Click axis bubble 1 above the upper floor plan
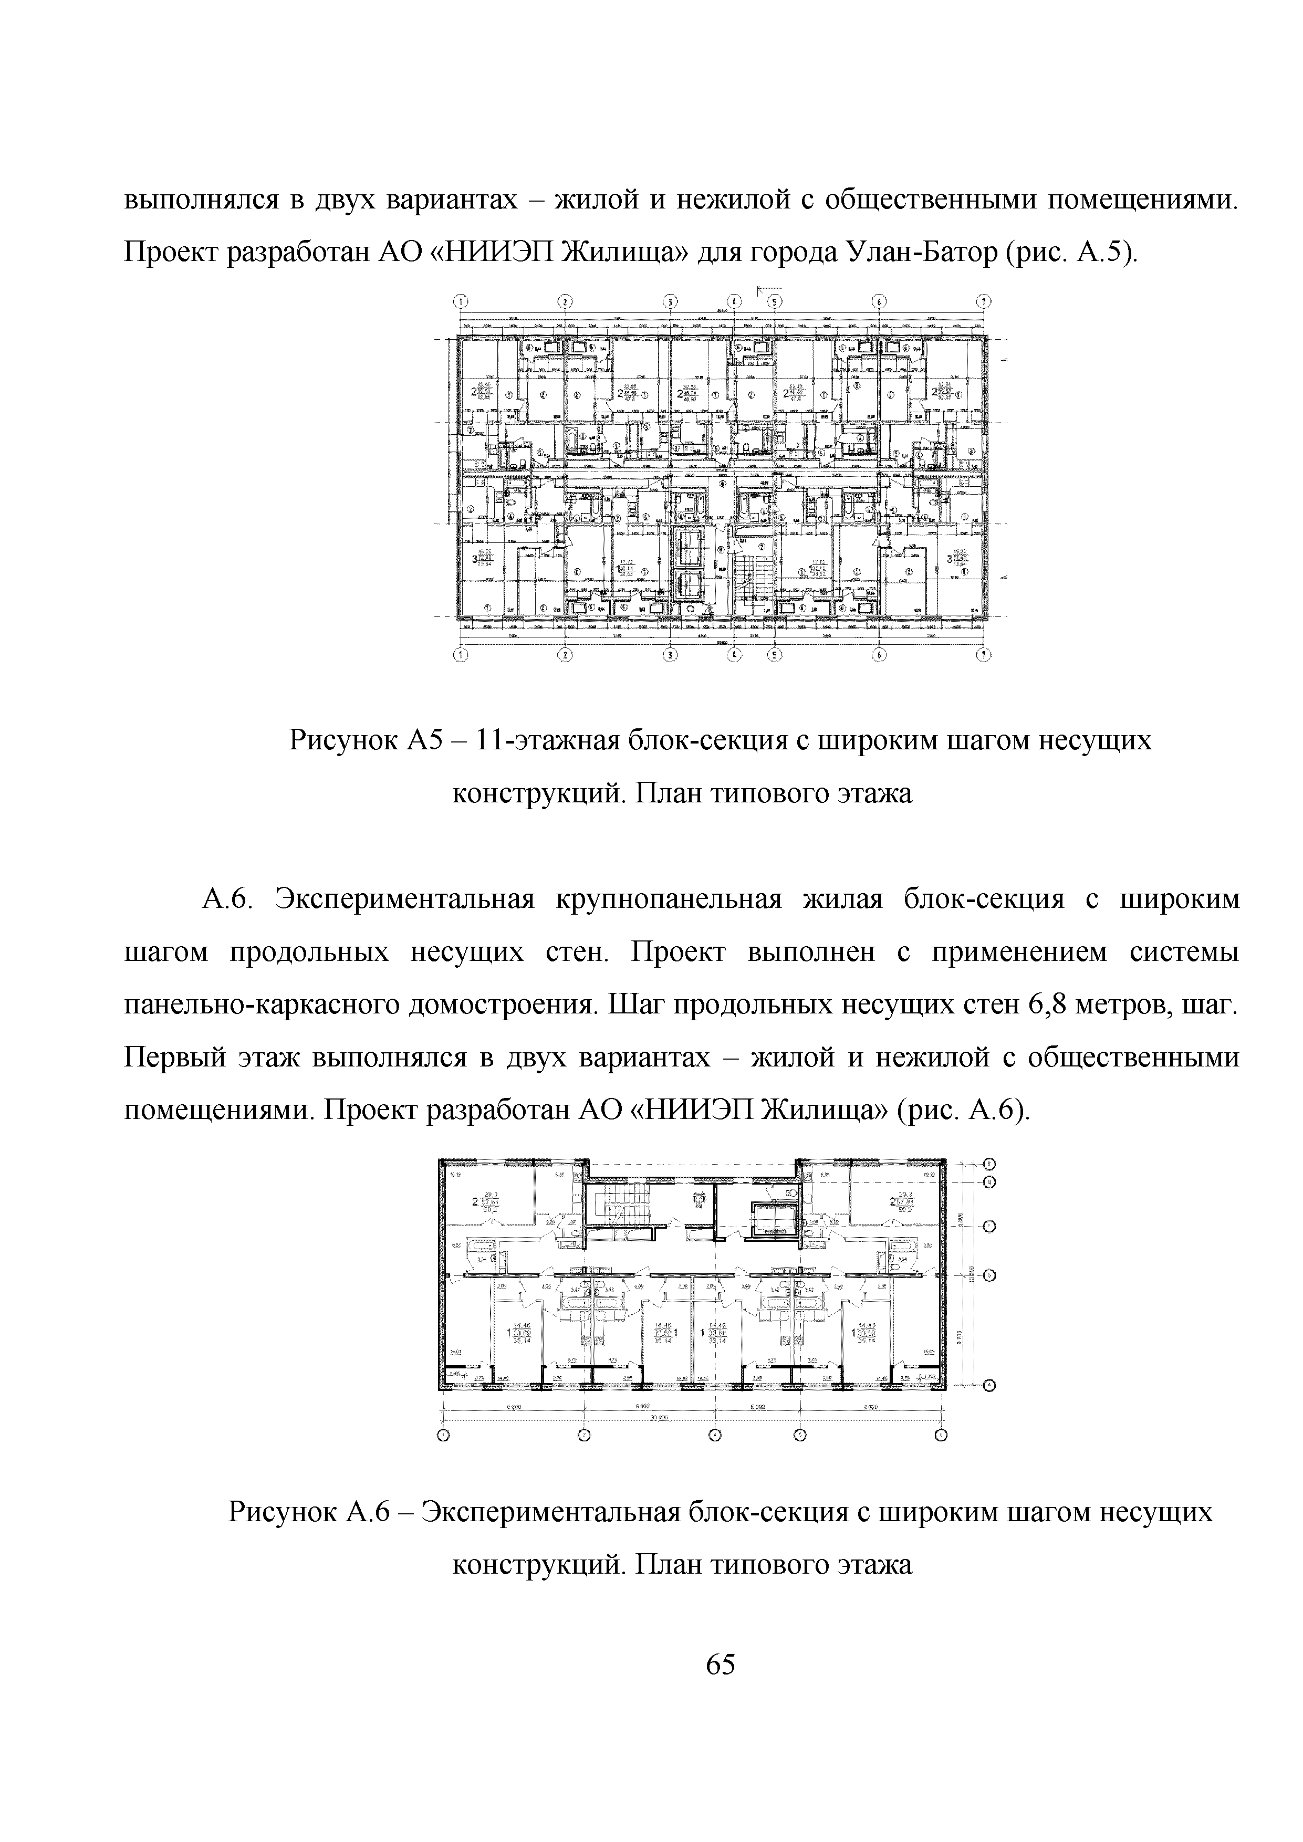461,301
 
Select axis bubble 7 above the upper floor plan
984,301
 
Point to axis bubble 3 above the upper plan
670,301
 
